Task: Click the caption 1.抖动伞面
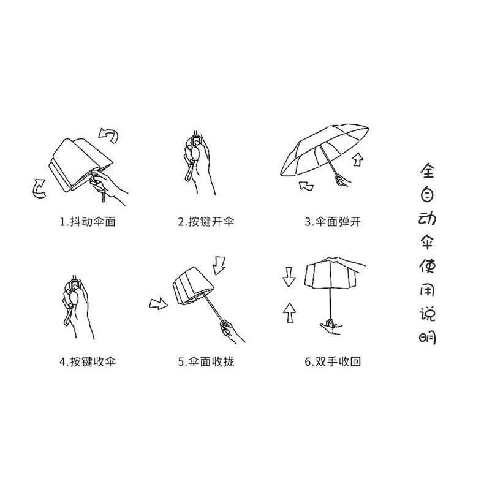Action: (88, 222)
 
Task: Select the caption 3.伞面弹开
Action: (333, 222)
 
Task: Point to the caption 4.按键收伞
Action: (88, 361)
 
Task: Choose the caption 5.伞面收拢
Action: (206, 361)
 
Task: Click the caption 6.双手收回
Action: (333, 361)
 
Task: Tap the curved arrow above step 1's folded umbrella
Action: (109, 134)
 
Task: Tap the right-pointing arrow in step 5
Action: (159, 303)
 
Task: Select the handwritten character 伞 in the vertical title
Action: (426, 240)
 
